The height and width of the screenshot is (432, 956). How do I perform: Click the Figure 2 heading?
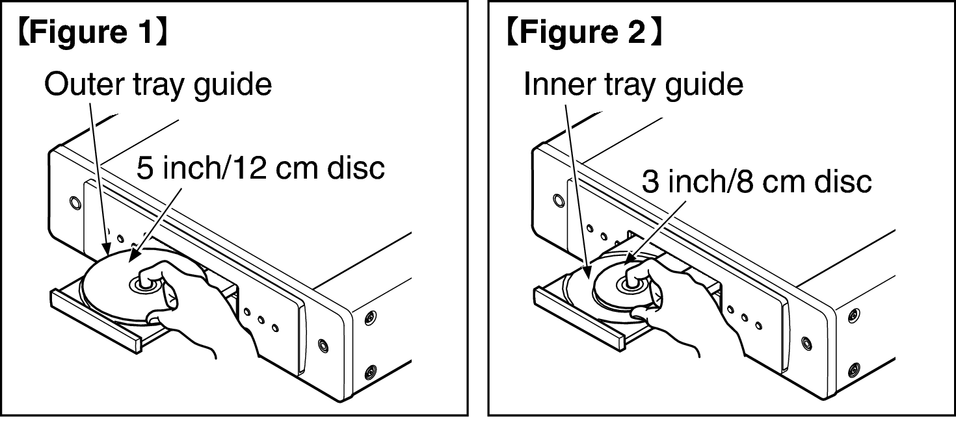pos(584,34)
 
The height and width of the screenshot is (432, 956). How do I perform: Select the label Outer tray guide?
pos(157,84)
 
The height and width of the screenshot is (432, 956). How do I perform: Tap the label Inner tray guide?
pos(633,84)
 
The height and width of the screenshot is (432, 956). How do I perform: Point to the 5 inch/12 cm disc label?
pos(260,168)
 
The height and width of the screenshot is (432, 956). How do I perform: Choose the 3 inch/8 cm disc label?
pos(756,182)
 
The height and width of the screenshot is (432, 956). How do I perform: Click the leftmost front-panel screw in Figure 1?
pos(75,203)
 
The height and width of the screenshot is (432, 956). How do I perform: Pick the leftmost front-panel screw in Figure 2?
pos(558,198)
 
